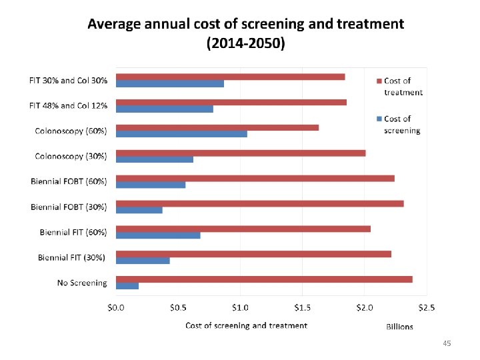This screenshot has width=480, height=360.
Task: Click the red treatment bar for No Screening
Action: pos(264,279)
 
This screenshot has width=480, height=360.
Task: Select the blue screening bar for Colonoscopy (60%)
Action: pos(181,134)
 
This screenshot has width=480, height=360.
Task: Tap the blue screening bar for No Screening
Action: pos(127,286)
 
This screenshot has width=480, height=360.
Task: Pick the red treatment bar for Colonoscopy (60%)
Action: pos(217,127)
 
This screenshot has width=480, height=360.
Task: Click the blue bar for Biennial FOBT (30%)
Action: pos(139,210)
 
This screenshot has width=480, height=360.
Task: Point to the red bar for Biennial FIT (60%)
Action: pos(243,229)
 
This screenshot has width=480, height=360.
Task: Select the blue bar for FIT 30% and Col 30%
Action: pos(170,83)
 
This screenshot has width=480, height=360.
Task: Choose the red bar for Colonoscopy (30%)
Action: pos(241,153)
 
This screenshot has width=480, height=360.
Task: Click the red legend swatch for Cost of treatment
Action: pos(379,81)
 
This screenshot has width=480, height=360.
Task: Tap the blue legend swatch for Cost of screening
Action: pos(379,119)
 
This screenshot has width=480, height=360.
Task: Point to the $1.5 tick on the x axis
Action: pos(302,308)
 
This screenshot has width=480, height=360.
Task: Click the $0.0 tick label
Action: pos(116,308)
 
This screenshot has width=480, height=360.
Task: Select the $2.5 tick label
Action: pos(426,308)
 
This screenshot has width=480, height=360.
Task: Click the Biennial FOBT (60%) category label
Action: pos(69,181)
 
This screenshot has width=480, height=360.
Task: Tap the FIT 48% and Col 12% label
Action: pos(68,105)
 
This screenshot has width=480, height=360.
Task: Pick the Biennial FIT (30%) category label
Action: pos(72,257)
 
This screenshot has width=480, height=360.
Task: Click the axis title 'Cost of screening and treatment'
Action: pos(246,325)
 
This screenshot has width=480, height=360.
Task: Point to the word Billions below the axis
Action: pos(399,327)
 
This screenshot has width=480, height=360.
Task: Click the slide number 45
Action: pos(447,343)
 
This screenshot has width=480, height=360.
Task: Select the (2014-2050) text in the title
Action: pos(245,45)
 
